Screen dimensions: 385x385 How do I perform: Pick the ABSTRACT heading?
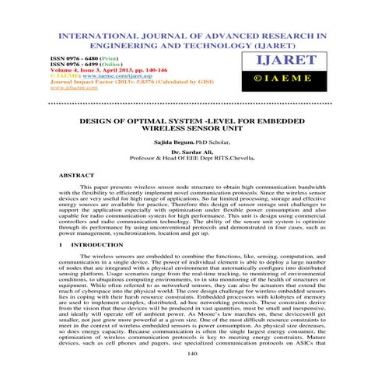[75, 176]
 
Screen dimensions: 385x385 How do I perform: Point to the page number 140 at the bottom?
[191, 373]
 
